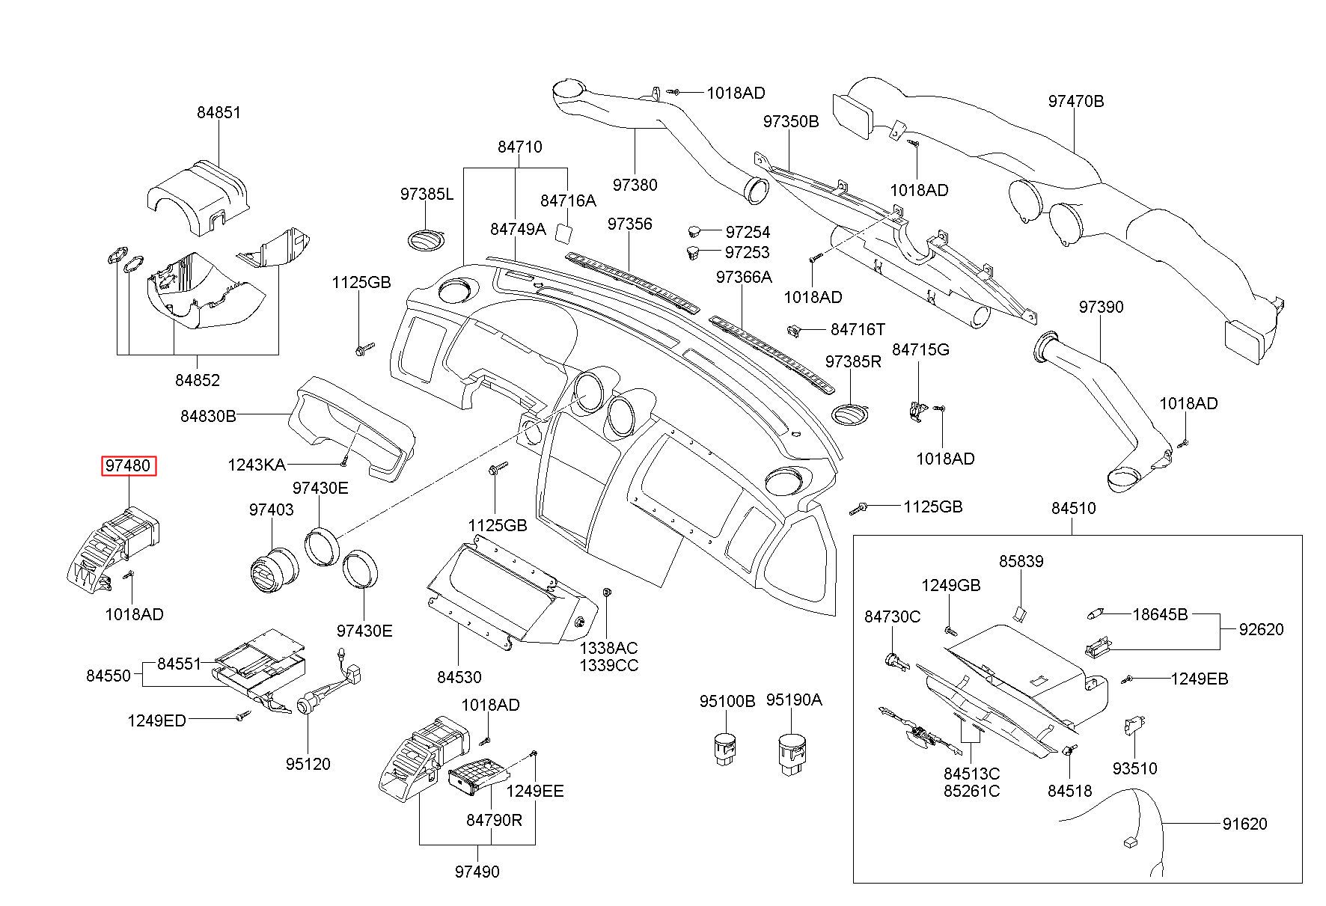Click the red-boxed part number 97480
[129, 465]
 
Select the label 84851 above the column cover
[219, 112]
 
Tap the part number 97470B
[1075, 101]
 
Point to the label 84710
[519, 147]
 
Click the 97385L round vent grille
[426, 239]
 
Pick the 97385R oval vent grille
[850, 414]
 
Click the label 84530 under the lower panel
[459, 677]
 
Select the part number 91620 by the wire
[1244, 824]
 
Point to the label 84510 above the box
[1073, 508]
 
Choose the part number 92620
[1261, 629]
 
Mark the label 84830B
[208, 415]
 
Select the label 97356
[629, 224]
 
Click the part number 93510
[1134, 768]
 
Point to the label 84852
[198, 380]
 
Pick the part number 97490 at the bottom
[477, 872]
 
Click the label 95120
[308, 764]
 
